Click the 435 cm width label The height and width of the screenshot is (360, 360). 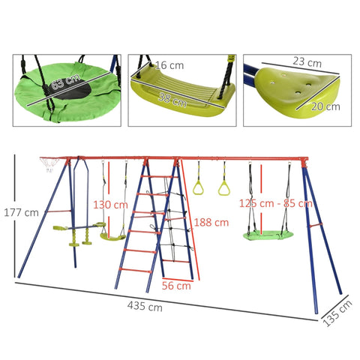pos(144,307)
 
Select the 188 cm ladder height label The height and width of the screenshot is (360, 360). pos(211,223)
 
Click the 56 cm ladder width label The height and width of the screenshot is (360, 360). pos(175,286)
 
